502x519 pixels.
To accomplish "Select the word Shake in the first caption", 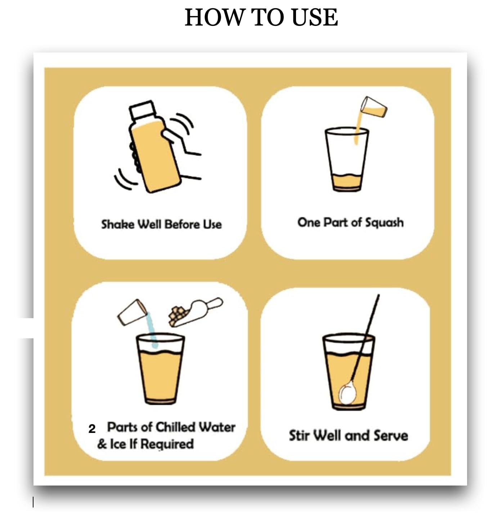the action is pos(117,224).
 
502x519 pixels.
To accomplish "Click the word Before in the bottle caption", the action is pos(182,224).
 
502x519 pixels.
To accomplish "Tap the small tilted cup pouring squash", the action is pos(373,107).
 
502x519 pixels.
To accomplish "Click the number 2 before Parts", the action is pos(92,429).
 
